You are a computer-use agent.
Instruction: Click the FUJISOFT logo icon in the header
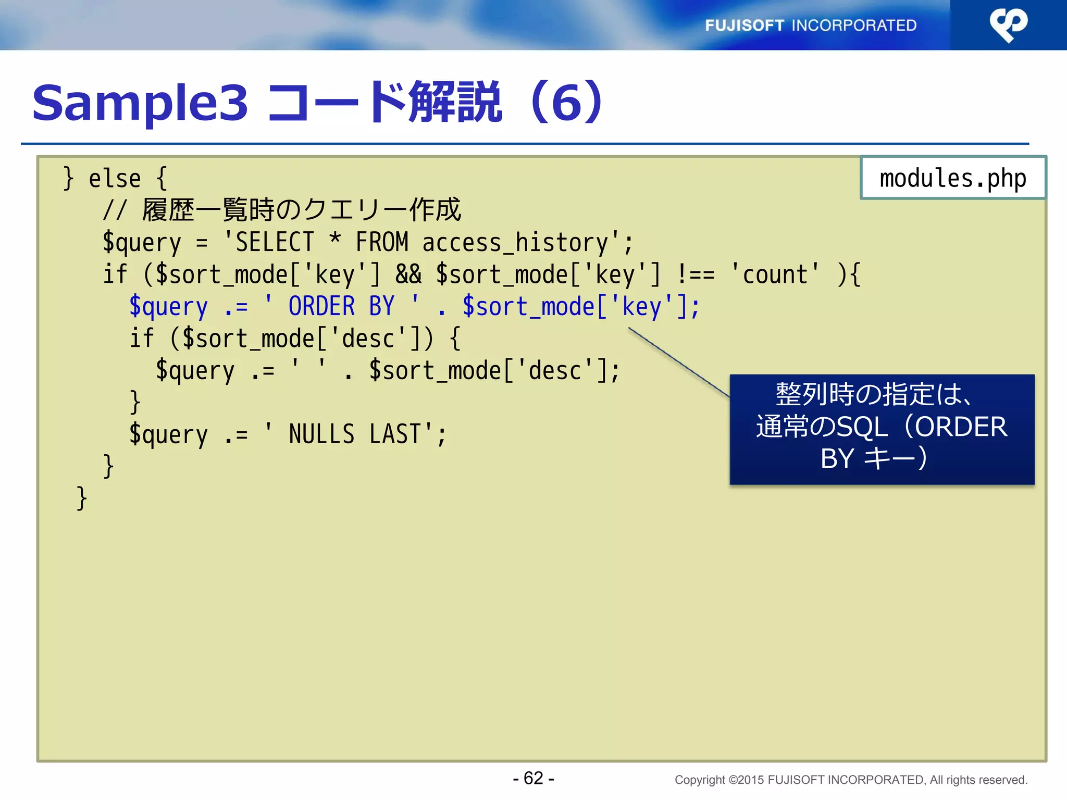pos(1008,24)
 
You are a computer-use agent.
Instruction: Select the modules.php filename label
pos(952,178)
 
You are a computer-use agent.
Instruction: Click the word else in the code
pos(115,179)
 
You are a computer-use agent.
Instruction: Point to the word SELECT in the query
pos(275,243)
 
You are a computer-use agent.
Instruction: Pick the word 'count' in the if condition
pos(775,274)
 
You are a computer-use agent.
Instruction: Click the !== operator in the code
pos(696,274)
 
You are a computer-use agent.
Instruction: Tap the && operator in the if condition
pos(408,274)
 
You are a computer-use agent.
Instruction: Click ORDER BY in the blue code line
pos(341,306)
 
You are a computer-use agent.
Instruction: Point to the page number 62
pos(533,778)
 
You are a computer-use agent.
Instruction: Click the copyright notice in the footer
pos(850,780)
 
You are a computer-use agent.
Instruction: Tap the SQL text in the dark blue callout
pos(862,427)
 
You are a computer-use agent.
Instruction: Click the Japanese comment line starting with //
pos(281,210)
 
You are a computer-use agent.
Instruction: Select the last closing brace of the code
pos(81,498)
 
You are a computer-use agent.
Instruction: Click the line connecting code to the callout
pos(678,362)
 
